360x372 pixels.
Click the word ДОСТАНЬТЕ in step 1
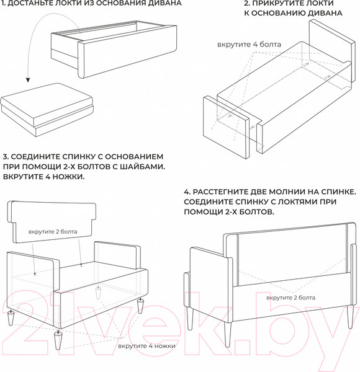pyautogui.click(x=28, y=3)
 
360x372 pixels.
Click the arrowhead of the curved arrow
pyautogui.click(x=28, y=80)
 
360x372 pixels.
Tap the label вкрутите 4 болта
pyautogui.click(x=249, y=45)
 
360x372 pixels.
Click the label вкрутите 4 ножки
pyautogui.click(x=146, y=346)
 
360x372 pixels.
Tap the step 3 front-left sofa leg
pyautogui.click(x=58, y=340)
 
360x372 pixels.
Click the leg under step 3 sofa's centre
pyautogui.click(x=97, y=292)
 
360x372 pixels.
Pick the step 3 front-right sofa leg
pyautogui.click(x=140, y=306)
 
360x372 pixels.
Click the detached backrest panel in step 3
pyautogui.click(x=52, y=222)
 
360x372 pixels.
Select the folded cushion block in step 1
pyautogui.click(x=47, y=110)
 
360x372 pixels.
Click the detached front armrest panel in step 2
pyautogui.click(x=227, y=127)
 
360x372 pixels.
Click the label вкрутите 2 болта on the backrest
pyautogui.click(x=53, y=231)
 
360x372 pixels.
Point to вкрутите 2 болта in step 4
pyautogui.click(x=290, y=298)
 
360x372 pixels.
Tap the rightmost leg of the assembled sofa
pyautogui.click(x=350, y=317)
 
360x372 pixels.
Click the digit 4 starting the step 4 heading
pyautogui.click(x=186, y=192)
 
